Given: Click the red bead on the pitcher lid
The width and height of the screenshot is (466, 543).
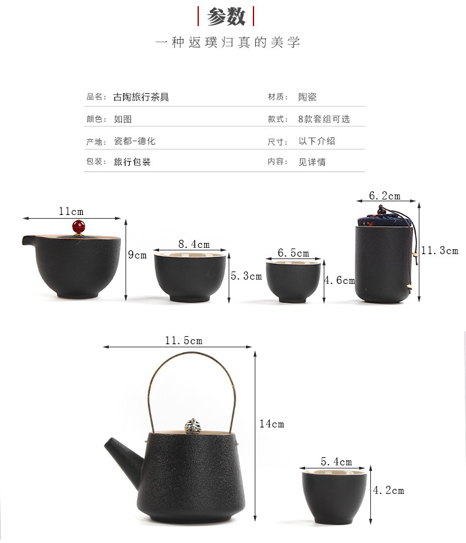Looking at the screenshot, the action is pyautogui.click(x=78, y=227).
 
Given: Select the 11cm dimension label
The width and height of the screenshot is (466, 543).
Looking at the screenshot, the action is pyautogui.click(x=71, y=211).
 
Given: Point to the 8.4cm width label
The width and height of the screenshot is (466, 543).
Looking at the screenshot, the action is pyautogui.click(x=194, y=244).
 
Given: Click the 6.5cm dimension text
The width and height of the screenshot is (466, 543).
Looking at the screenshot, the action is pyautogui.click(x=293, y=253).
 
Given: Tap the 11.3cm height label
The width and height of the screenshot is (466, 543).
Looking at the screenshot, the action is pyautogui.click(x=440, y=250).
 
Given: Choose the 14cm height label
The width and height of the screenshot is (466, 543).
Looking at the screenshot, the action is pyautogui.click(x=272, y=424).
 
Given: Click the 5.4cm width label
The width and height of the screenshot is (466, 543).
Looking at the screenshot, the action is pyautogui.click(x=336, y=462).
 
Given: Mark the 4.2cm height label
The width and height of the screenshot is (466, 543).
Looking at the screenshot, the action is pyautogui.click(x=388, y=490).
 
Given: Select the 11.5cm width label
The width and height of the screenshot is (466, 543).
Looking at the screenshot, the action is pyautogui.click(x=183, y=340).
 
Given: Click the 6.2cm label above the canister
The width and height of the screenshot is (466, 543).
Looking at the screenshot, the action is pyautogui.click(x=385, y=196).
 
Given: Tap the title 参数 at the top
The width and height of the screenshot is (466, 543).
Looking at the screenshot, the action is pyautogui.click(x=226, y=16).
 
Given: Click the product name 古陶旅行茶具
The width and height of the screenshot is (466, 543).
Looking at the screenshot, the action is pyautogui.click(x=141, y=97).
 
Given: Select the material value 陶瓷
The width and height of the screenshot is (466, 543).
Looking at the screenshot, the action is pyautogui.click(x=308, y=97).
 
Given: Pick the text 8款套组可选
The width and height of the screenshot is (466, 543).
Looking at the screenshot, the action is pyautogui.click(x=324, y=119).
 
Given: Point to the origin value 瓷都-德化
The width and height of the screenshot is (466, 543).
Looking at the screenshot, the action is pyautogui.click(x=135, y=141).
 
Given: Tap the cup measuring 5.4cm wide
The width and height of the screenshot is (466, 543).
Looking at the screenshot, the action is pyautogui.click(x=334, y=496).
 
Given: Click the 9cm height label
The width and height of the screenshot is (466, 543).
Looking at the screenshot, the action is pyautogui.click(x=137, y=255).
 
